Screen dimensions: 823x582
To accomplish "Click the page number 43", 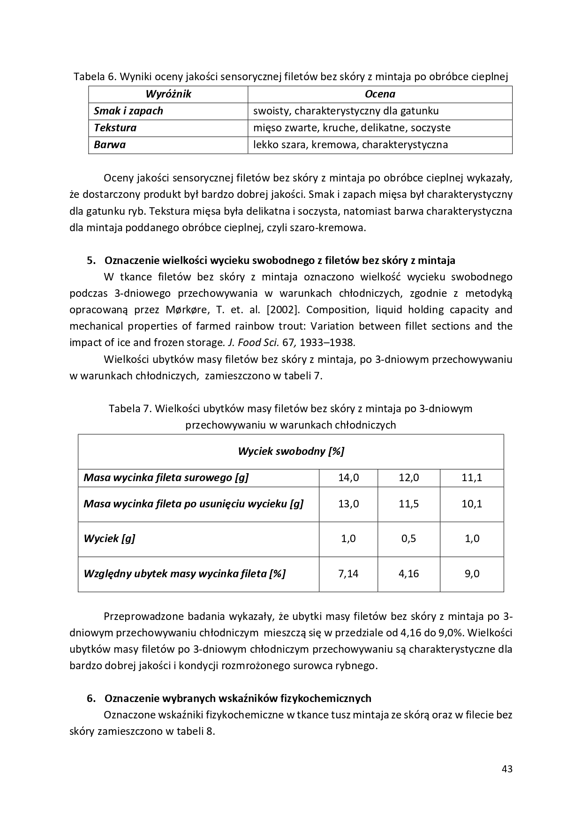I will tap(506, 769).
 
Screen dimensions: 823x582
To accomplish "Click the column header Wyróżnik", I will tap(168, 94).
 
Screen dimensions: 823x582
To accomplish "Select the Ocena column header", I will tap(380, 94).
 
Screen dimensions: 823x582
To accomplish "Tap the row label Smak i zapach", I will tap(128, 111).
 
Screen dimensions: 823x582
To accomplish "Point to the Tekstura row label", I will tap(115, 128).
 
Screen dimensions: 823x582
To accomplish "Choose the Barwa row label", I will tap(110, 144).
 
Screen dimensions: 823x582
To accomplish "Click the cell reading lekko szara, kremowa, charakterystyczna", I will tap(350, 144).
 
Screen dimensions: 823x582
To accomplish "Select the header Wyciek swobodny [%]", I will tap(291, 451).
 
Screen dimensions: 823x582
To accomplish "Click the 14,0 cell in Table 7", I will tap(348, 477).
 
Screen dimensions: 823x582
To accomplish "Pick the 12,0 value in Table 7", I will tap(408, 477).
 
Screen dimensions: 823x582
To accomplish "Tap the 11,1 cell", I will tap(472, 477).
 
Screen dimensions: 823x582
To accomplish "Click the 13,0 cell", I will tap(348, 504).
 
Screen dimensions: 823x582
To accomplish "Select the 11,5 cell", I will tap(408, 504).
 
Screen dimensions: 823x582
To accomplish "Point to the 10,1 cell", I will tap(472, 504).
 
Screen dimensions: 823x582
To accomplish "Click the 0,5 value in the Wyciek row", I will tap(408, 538).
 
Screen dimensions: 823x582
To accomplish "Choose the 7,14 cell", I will tap(348, 573).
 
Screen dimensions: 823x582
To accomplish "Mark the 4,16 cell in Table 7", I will tap(408, 573).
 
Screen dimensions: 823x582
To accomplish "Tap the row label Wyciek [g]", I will tap(109, 538).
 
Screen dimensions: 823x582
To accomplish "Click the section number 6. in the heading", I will tap(91, 698).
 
